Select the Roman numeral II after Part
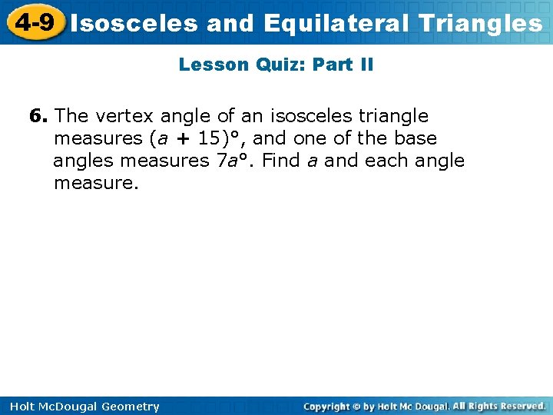(x=366, y=65)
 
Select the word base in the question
(x=416, y=138)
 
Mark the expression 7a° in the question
(x=234, y=161)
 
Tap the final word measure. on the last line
(x=96, y=183)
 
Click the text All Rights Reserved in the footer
(x=499, y=406)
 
